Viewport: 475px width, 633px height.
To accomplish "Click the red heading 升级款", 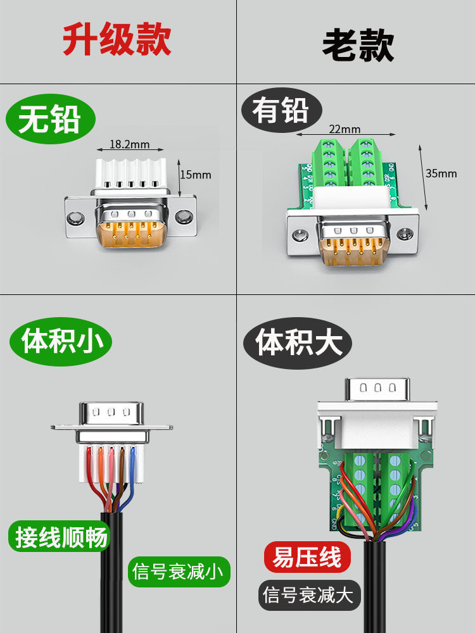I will click(117, 41).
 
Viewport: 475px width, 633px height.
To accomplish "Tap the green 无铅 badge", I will click(50, 120).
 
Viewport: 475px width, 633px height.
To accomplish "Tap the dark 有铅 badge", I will click(281, 111).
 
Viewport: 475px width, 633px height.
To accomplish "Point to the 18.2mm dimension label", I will click(129, 144).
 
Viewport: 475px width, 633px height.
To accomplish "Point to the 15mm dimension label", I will click(196, 175).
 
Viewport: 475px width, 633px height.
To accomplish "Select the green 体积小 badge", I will click(61, 342).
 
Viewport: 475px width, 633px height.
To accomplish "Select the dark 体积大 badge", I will click(298, 342).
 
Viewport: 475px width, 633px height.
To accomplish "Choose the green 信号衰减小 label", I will click(179, 572).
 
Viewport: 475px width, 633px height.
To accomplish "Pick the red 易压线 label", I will click(307, 558).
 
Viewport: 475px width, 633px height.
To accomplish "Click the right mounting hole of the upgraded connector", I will click(185, 217).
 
